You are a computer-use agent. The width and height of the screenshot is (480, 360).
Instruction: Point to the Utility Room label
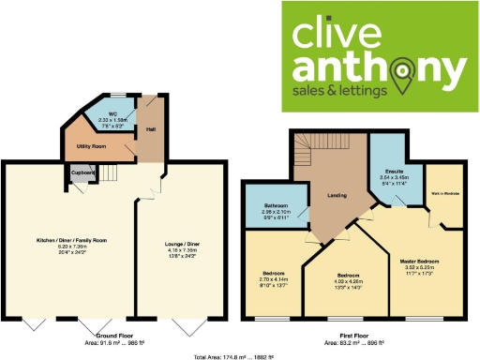(90, 147)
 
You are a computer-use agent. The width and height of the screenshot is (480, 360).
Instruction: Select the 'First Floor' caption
(346, 335)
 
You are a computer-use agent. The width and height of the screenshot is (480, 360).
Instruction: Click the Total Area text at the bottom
(240, 356)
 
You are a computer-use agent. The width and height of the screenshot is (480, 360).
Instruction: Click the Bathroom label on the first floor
(276, 205)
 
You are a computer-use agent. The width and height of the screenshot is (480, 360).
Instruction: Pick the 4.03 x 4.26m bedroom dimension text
(349, 281)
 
